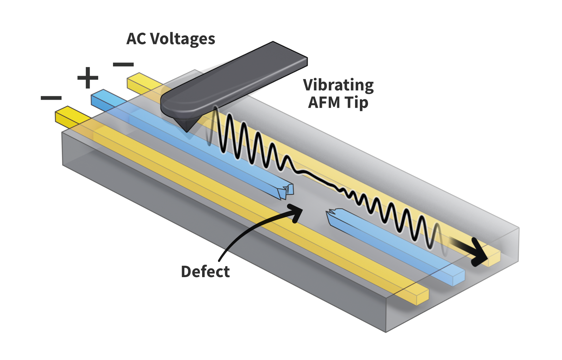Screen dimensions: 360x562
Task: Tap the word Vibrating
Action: [338, 85]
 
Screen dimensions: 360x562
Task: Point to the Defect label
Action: [205, 271]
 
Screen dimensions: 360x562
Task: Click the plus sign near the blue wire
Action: [87, 78]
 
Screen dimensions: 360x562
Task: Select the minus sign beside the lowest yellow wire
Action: [51, 97]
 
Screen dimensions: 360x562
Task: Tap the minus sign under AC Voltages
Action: [123, 64]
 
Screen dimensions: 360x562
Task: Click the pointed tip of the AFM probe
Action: [186, 130]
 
